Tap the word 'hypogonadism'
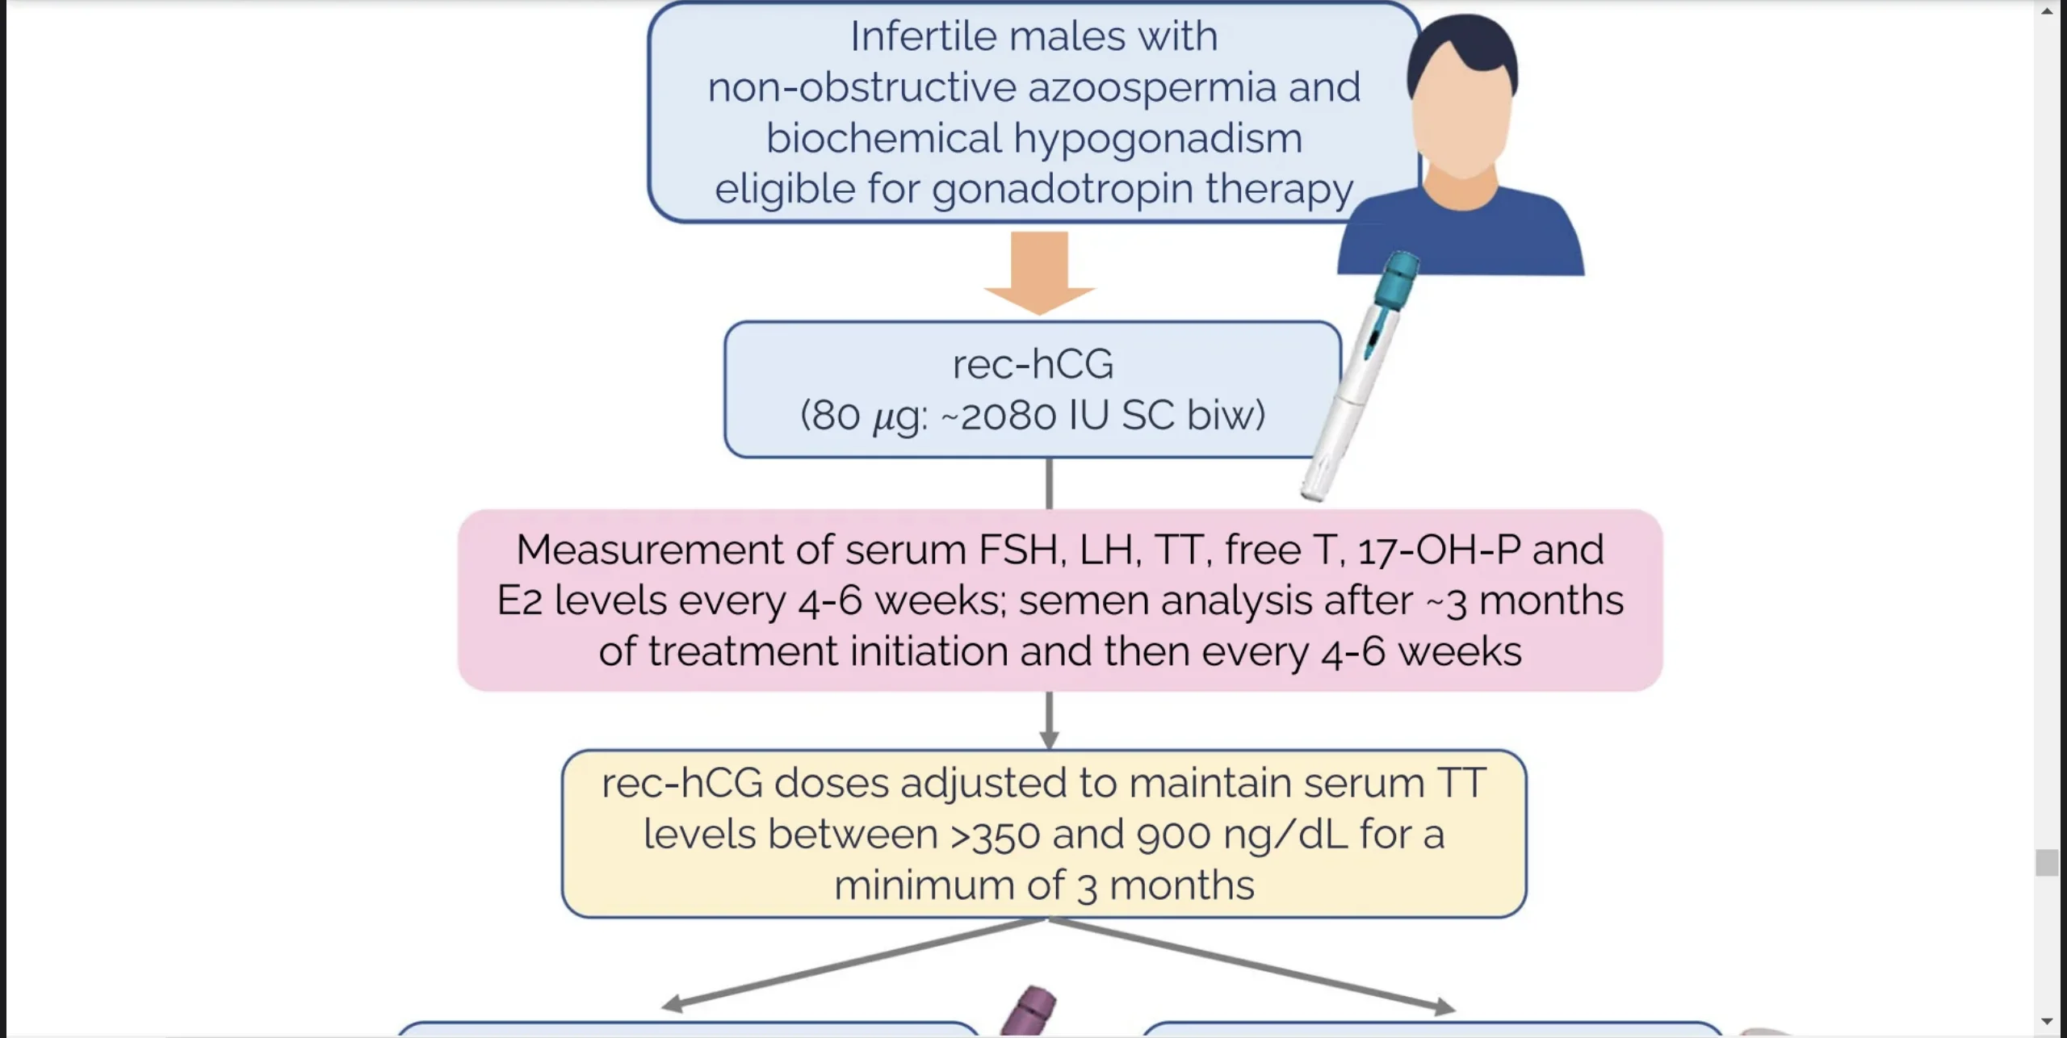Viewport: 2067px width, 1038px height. coord(1158,139)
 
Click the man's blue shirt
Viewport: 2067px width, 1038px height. coord(1461,238)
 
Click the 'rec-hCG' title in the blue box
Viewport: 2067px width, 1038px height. coord(1033,364)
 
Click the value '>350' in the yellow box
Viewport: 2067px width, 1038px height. coord(995,835)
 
